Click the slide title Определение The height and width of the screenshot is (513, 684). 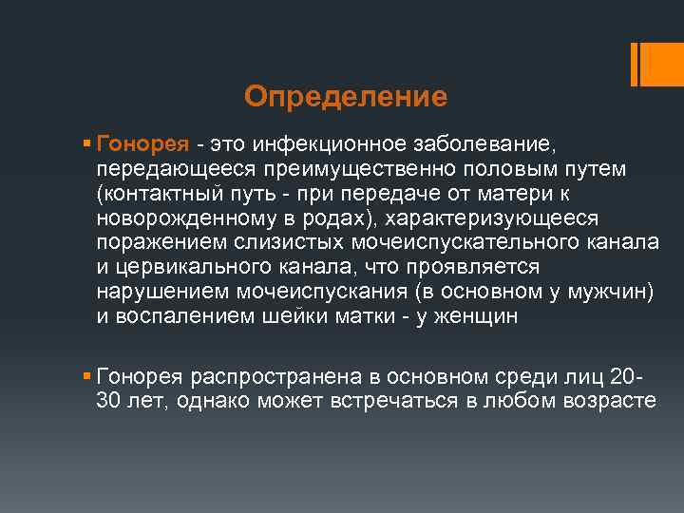point(345,96)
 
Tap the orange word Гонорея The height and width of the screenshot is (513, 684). point(143,144)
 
